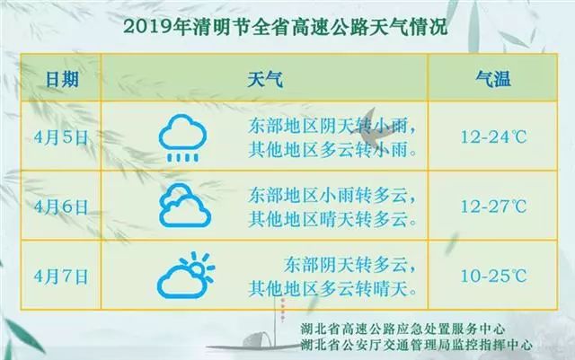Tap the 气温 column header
pos(492,80)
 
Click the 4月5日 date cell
pos(60,136)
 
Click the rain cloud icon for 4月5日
pos(182,136)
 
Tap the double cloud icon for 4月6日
pos(183,206)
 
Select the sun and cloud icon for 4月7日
pos(185,274)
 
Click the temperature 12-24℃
pos(491,136)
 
